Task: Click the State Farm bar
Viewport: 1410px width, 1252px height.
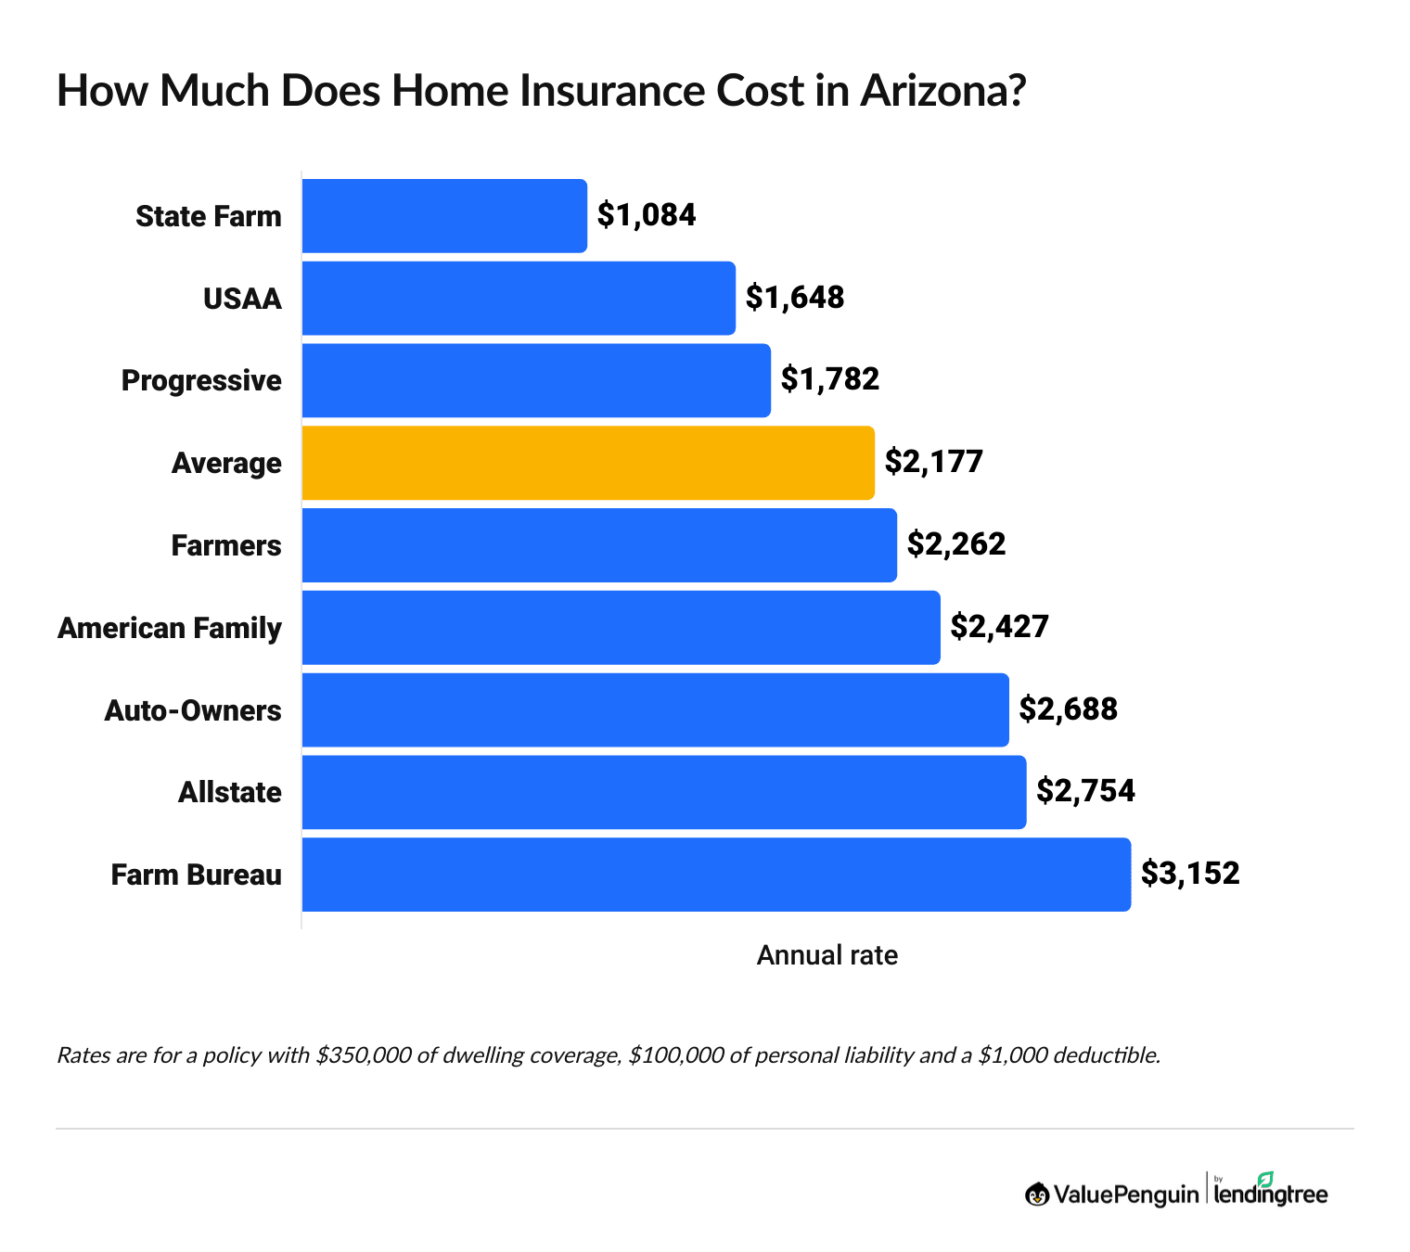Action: click(444, 216)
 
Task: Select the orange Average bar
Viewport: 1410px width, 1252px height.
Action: click(588, 463)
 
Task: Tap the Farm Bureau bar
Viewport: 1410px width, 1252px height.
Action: click(716, 875)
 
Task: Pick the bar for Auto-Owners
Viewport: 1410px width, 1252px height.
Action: click(655, 710)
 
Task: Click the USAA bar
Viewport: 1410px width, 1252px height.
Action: click(519, 298)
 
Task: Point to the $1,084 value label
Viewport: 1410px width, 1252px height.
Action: click(647, 215)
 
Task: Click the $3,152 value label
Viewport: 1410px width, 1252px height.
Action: click(1190, 874)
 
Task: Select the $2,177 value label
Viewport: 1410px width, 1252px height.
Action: click(933, 462)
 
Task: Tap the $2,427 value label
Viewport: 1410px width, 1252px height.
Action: click(999, 627)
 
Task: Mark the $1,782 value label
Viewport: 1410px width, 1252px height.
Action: click(829, 379)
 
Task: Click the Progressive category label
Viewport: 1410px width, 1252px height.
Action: click(201, 380)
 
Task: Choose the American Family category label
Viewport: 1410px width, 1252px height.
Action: click(170, 628)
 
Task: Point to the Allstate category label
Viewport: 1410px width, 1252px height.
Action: click(230, 792)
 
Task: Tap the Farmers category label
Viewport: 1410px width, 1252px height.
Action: click(226, 545)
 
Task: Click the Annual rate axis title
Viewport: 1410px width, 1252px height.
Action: click(827, 955)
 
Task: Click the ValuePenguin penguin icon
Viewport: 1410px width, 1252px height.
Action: click(1036, 1195)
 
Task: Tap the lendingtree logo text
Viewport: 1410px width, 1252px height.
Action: click(1271, 1195)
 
